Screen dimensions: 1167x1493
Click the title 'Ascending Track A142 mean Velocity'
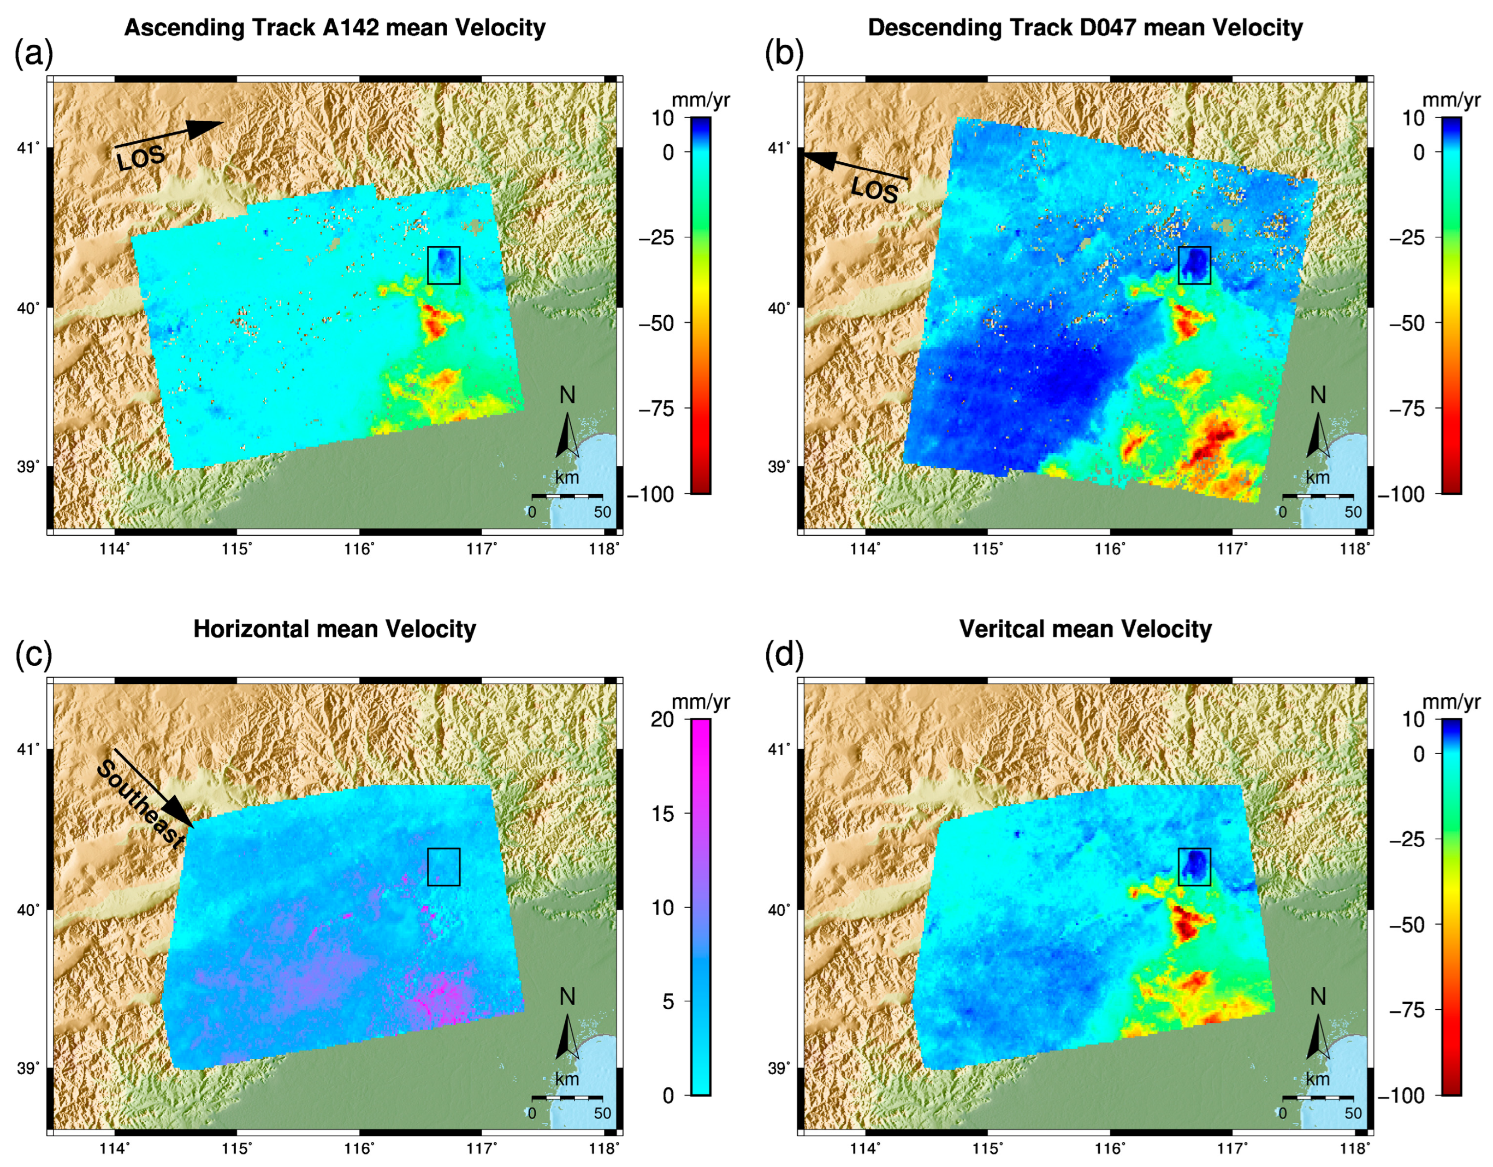point(335,28)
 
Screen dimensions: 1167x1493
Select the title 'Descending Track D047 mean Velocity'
point(1085,28)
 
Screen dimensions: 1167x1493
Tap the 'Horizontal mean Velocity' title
point(335,629)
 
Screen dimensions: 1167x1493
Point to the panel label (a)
point(33,54)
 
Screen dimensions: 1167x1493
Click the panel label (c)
point(33,655)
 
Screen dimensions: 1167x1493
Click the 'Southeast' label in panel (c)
point(141,803)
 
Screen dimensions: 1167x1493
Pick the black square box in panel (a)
point(443,265)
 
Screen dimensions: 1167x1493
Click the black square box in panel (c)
point(443,867)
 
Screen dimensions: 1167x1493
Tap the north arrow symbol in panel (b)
point(1317,435)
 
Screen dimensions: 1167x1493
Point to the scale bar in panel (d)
point(1317,1097)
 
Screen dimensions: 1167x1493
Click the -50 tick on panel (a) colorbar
point(657,323)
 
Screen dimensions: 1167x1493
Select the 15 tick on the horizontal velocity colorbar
point(663,814)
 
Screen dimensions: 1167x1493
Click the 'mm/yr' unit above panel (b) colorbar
point(1451,100)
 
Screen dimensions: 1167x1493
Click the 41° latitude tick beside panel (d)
point(778,749)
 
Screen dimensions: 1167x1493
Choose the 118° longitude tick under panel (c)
point(605,1148)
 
